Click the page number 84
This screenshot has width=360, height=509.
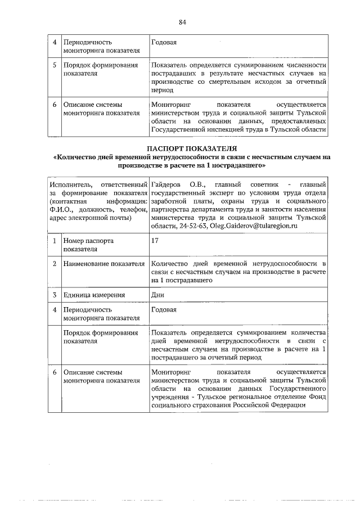(x=182, y=22)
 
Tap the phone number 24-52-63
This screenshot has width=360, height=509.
(x=194, y=226)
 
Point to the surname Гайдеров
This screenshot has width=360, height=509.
(x=168, y=184)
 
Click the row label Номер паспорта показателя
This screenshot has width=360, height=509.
(x=88, y=245)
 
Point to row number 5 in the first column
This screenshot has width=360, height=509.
(x=55, y=65)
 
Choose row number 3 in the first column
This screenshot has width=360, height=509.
(x=55, y=295)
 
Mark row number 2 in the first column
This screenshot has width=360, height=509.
(x=55, y=263)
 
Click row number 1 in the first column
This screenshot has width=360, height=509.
(x=55, y=241)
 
